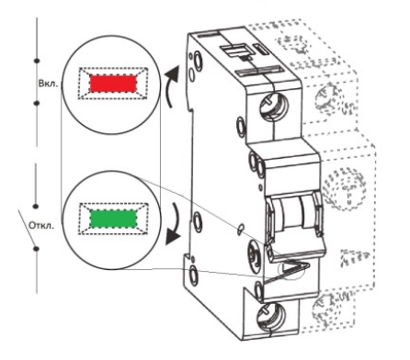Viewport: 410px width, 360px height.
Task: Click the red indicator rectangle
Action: point(113,84)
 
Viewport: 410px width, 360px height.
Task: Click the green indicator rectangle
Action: point(113,219)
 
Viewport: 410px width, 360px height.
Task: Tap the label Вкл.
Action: point(48,84)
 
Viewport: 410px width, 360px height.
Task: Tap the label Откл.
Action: point(41,226)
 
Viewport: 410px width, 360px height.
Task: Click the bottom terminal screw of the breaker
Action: point(271,318)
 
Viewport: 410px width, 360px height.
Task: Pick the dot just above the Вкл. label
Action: point(37,61)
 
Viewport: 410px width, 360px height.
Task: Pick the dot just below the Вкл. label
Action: point(37,103)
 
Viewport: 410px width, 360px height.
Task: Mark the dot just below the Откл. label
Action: point(37,248)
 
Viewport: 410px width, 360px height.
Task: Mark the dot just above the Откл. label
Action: point(36,206)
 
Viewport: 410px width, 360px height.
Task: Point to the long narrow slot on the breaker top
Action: point(260,71)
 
